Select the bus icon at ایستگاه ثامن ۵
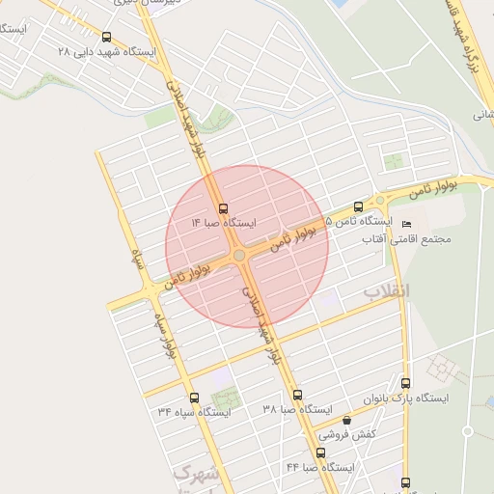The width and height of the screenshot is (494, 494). (x=359, y=206)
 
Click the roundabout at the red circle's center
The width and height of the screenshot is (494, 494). (x=238, y=255)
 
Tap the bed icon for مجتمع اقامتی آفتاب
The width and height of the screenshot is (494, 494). (x=405, y=225)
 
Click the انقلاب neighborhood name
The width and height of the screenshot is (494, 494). (x=387, y=290)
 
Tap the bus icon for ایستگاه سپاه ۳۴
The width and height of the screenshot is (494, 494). (x=194, y=398)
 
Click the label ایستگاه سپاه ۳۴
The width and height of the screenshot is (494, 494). (x=194, y=412)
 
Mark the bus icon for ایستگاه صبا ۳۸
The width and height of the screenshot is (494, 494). (x=297, y=395)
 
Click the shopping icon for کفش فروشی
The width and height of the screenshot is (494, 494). (x=346, y=421)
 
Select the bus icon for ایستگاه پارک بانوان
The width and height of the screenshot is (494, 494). (x=405, y=383)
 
